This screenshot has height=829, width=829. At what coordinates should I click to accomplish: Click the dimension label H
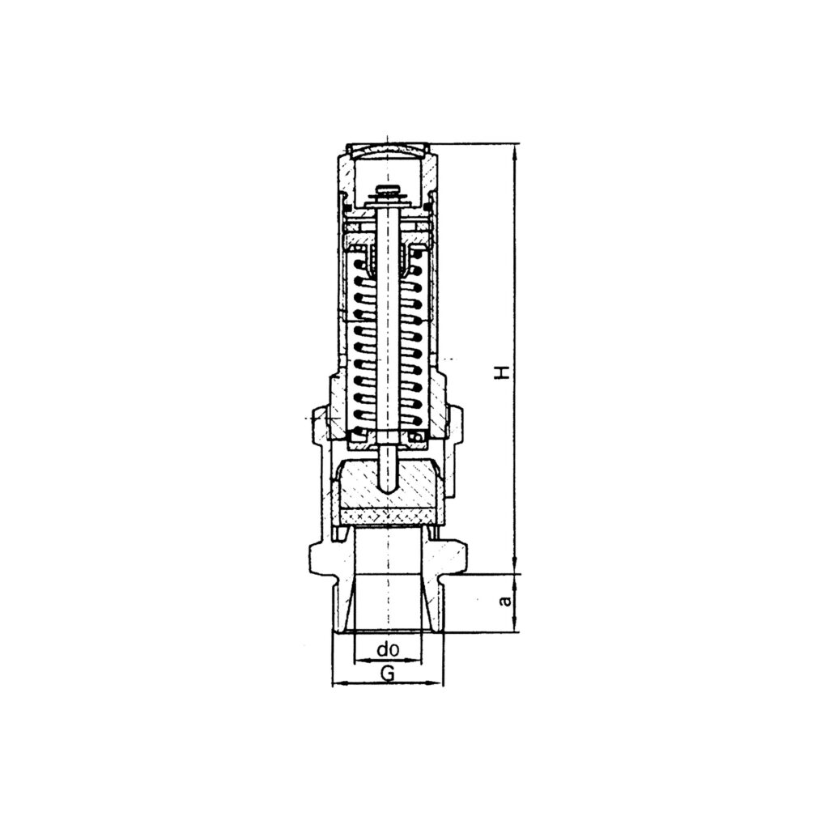pos(504,372)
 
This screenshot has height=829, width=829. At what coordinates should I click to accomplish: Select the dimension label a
pos(504,602)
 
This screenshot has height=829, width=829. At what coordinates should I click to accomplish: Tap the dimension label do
pos(389,649)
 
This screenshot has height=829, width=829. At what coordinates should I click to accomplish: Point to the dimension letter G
pos(388,673)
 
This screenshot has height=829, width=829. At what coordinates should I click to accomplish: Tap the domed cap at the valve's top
pos(389,149)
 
